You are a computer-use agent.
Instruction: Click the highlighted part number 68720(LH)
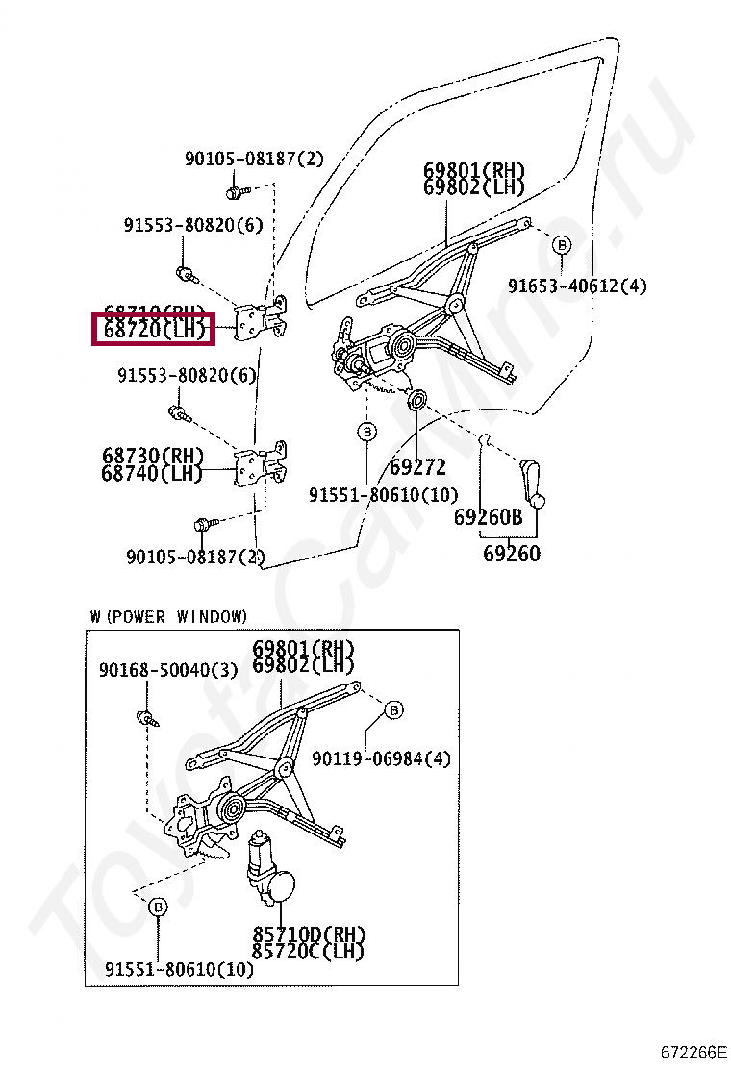tap(154, 331)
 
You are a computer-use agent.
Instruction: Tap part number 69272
tap(417, 468)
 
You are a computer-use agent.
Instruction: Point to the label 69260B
tap(488, 517)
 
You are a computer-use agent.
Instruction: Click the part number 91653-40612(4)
tap(577, 286)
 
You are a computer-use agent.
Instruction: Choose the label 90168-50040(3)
tap(167, 670)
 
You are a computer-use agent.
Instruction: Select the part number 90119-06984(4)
tap(381, 759)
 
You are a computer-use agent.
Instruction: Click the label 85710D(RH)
tap(309, 934)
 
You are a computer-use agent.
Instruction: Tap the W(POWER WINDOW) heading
tap(168, 616)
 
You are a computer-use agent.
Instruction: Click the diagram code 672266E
tap(693, 1050)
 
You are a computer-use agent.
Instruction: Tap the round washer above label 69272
tap(418, 399)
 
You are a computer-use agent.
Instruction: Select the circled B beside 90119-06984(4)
tap(393, 710)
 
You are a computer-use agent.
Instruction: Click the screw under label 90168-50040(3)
tap(147, 716)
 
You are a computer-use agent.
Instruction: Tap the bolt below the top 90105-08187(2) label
tap(233, 192)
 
